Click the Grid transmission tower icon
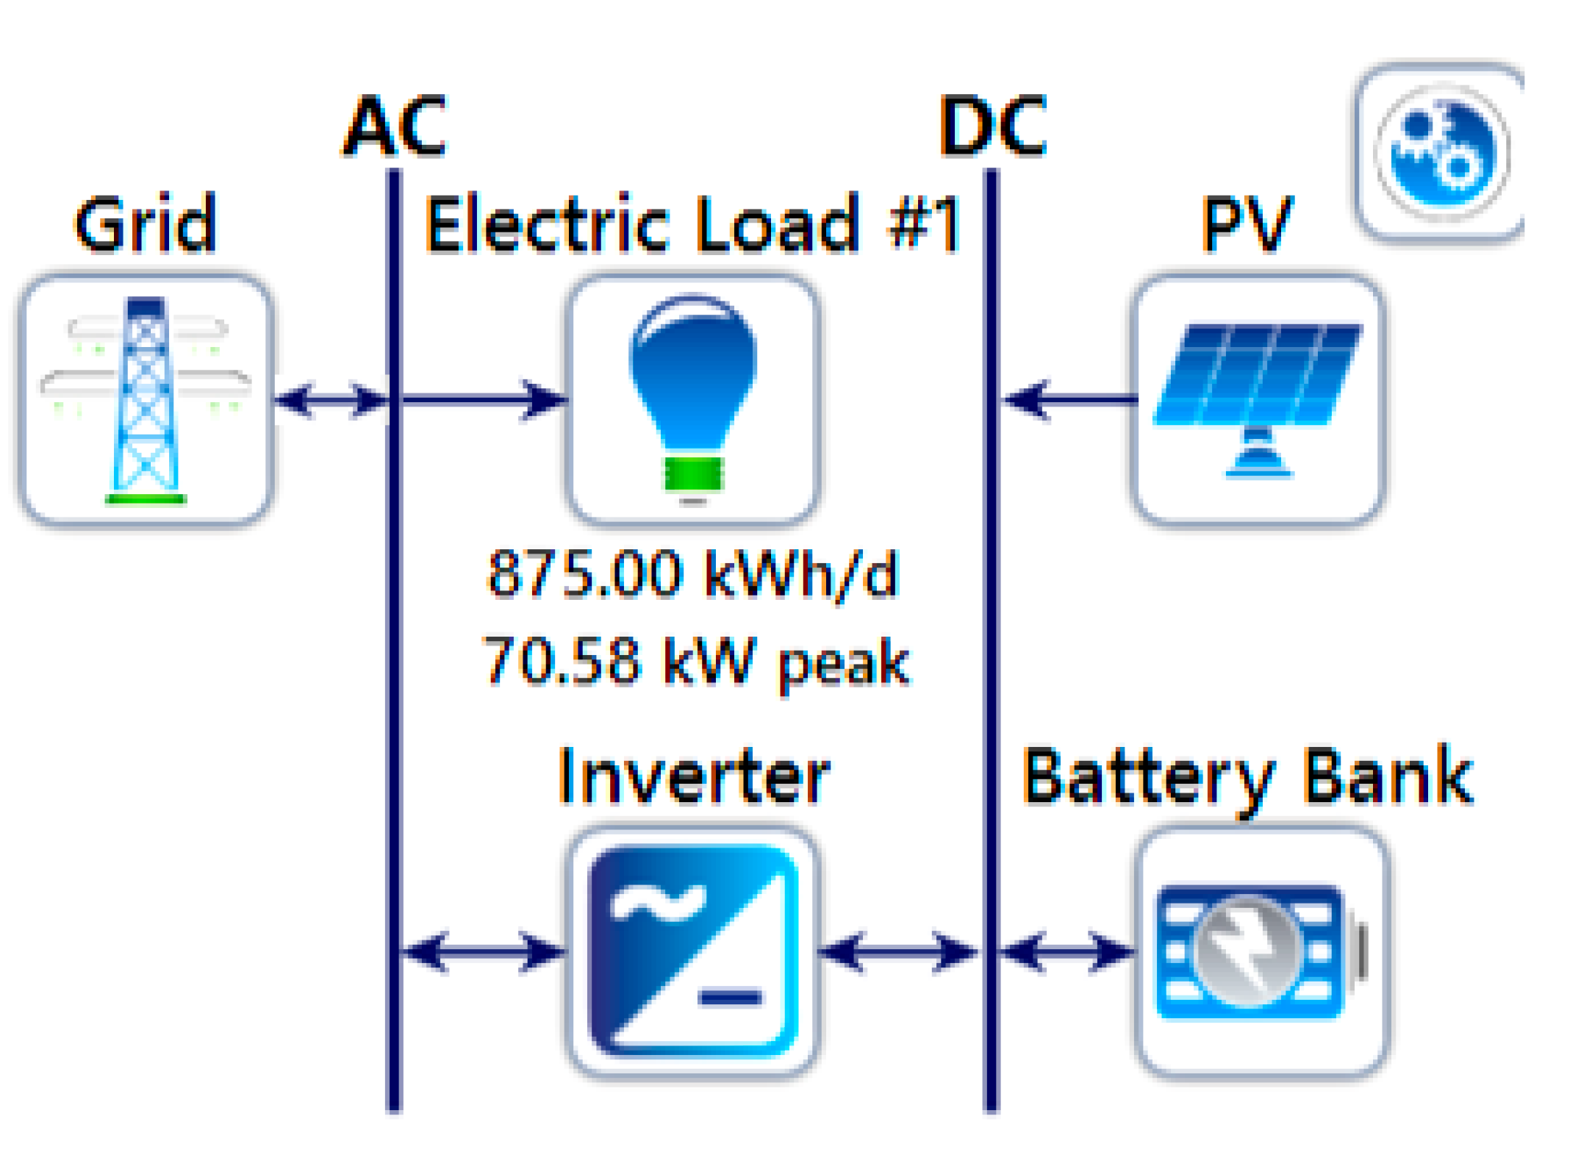(x=146, y=401)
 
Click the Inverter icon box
(x=693, y=952)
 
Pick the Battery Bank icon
(x=1261, y=952)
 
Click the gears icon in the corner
(x=1441, y=152)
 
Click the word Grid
(x=146, y=224)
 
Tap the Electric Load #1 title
(x=692, y=224)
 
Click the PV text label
(x=1247, y=224)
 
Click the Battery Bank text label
(x=1247, y=778)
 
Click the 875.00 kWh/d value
(x=692, y=573)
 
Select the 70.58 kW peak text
(x=695, y=661)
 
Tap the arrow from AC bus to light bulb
(x=485, y=401)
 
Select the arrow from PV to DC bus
(x=1069, y=401)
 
